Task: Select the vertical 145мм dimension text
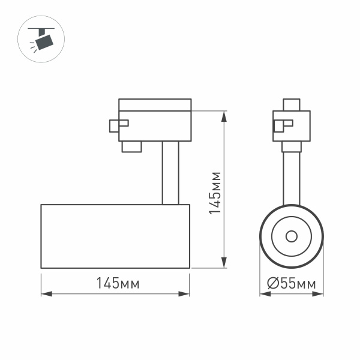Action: tap(215, 193)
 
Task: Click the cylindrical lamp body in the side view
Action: tap(115, 236)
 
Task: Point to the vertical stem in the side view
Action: tap(169, 173)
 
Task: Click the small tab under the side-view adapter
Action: tap(131, 146)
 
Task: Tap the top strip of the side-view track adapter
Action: tap(155, 104)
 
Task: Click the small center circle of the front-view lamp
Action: tap(292, 235)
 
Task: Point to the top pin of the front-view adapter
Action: tap(292, 104)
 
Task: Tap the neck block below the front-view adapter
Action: tap(292, 146)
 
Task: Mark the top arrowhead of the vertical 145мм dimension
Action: tap(224, 115)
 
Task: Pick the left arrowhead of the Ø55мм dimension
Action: tap(263, 294)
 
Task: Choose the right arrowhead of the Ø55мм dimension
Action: tap(320, 294)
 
